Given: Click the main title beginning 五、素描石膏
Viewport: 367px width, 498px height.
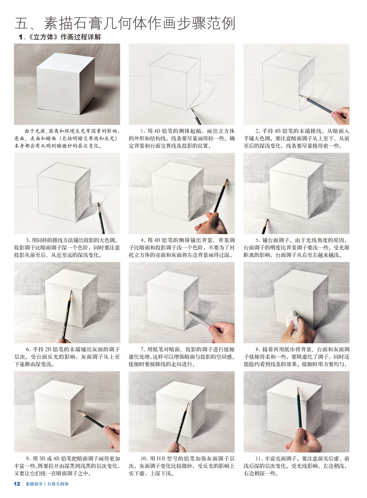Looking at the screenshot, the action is coord(125,23).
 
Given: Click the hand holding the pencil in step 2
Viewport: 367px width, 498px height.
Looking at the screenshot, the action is coord(341,116).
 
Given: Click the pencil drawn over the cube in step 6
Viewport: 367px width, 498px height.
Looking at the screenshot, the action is coord(67,315).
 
